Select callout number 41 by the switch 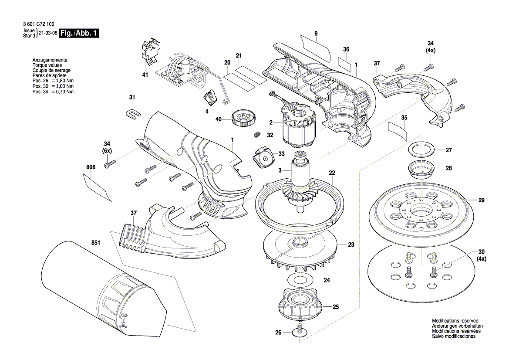point(145,75)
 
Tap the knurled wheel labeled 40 point(243,118)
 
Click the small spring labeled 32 point(258,134)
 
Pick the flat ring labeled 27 point(421,150)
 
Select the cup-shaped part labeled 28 point(421,169)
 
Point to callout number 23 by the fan point(351,245)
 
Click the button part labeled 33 point(263,157)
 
